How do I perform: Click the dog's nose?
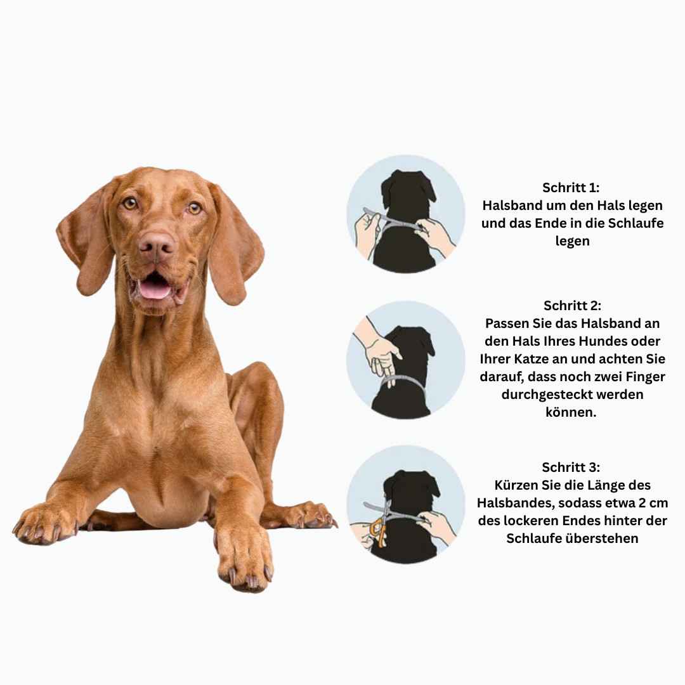pos(157,246)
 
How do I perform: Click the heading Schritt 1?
pos(571,187)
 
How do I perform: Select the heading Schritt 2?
pos(572,305)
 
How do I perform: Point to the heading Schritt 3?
pos(571,467)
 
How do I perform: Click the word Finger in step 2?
pos(645,377)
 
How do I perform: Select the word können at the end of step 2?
pos(571,412)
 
